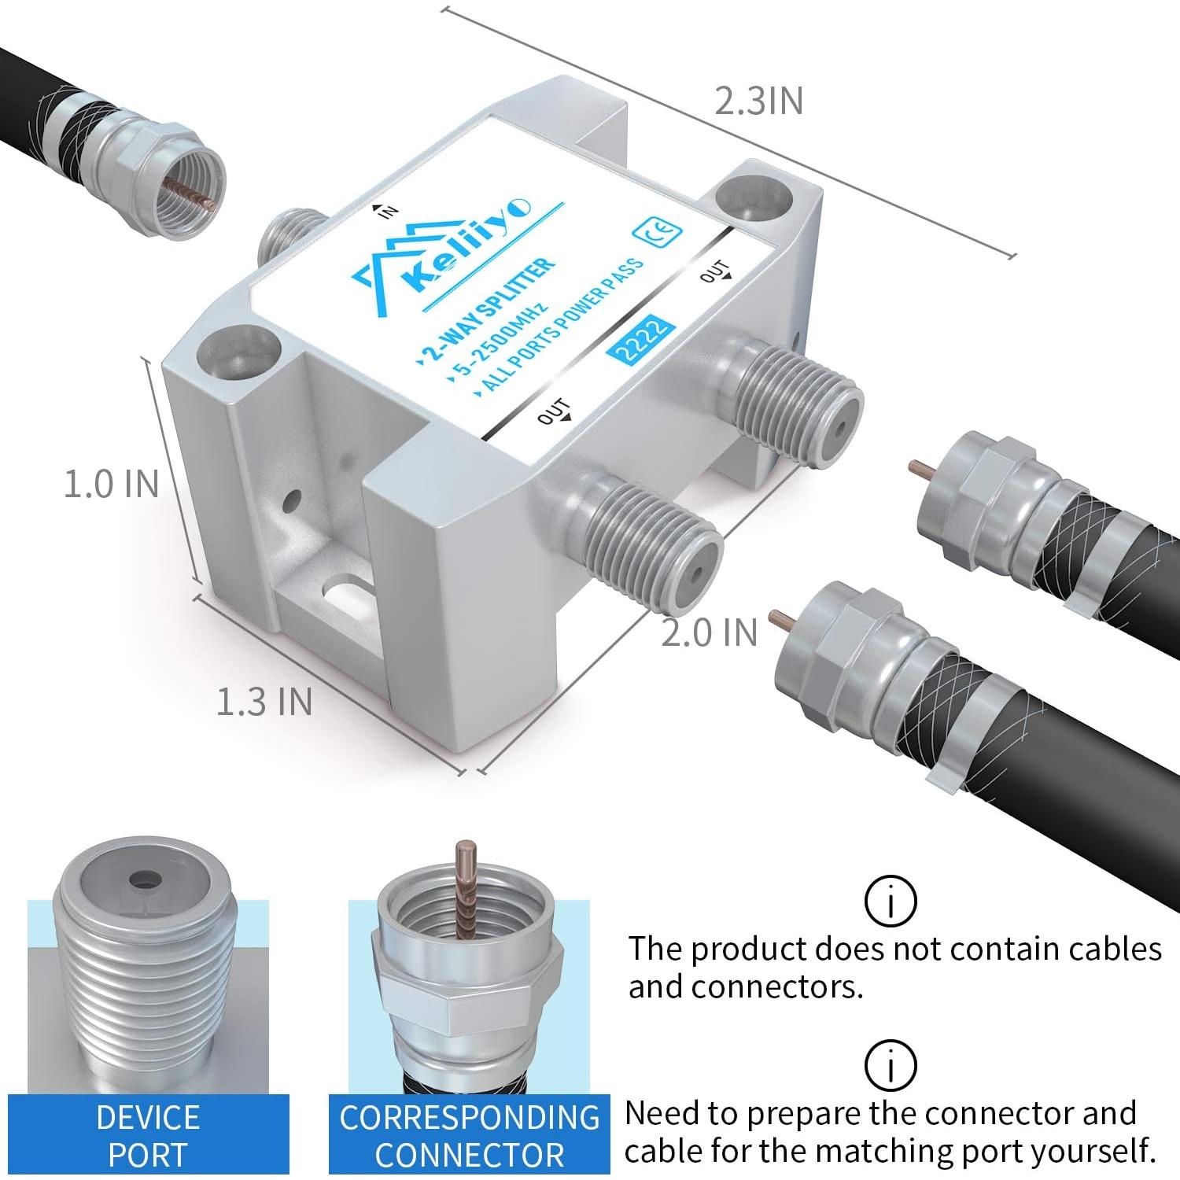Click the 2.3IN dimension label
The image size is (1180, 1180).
758,101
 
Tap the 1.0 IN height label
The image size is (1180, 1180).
111,483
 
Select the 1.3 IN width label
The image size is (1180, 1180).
264,701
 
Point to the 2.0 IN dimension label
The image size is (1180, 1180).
709,632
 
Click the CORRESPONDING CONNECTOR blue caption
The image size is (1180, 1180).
470,1135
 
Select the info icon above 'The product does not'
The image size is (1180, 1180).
891,901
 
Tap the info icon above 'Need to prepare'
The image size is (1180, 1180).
891,1065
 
